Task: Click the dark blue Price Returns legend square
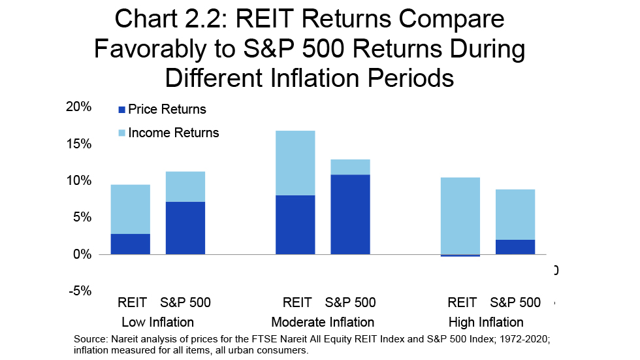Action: pos(121,110)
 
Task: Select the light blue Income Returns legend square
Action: pos(121,133)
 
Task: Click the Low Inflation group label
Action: pos(157,322)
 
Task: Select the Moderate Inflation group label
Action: pos(323,322)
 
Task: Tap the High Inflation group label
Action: pos(486,322)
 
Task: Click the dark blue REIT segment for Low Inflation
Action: pos(131,244)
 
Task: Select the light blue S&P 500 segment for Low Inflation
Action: pos(185,187)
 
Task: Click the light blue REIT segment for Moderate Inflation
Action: pos(295,163)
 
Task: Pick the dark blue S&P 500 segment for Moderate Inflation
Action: pos(350,214)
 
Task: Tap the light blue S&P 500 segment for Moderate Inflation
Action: pos(350,167)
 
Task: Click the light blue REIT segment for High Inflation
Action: pos(460,216)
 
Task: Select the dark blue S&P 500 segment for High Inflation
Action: pos(515,247)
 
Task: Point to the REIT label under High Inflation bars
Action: pos(462,303)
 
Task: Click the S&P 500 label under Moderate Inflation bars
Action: pos(351,303)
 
